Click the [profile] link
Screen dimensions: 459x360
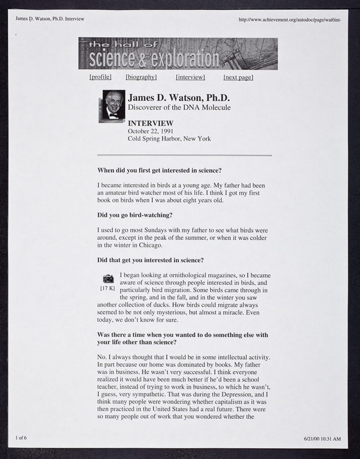pos(100,77)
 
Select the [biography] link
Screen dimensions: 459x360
pos(141,77)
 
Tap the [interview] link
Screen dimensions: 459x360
pos(191,77)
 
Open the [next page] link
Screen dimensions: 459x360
pos(238,77)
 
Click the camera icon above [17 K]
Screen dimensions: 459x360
pos(108,279)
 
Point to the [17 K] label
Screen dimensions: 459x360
pos(107,288)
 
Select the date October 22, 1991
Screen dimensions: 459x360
pos(150,131)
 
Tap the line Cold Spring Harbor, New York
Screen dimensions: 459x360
pos(169,139)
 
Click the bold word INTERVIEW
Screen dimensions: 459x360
pos(150,123)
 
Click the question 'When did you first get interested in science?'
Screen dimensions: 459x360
pos(160,170)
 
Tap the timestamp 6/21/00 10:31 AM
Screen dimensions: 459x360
pos(322,439)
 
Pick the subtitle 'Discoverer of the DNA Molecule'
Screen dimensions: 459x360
pos(180,107)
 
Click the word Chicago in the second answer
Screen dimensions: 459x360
pos(148,246)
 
